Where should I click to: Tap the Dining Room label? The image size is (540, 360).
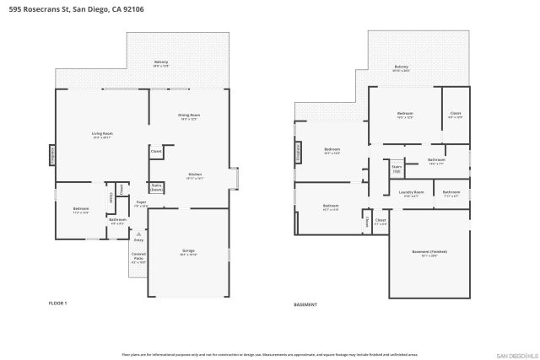coord(188,117)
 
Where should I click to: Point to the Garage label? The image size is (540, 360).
coord(188,252)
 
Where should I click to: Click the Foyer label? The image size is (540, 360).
coord(142,203)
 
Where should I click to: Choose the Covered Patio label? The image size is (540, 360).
coord(138,258)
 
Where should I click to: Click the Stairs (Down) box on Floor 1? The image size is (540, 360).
coord(156,188)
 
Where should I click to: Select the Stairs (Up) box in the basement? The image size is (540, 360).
coord(396,169)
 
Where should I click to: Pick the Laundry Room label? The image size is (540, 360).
coord(411,193)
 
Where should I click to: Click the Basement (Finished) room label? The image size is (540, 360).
coord(429,252)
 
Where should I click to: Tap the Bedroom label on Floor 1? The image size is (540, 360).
coord(81,210)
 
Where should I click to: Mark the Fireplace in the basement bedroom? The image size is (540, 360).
coord(297,152)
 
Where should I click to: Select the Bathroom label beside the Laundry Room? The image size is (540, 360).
coord(451,193)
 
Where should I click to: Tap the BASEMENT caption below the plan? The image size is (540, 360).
coord(305,304)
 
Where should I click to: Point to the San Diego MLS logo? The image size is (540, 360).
coord(515,354)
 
